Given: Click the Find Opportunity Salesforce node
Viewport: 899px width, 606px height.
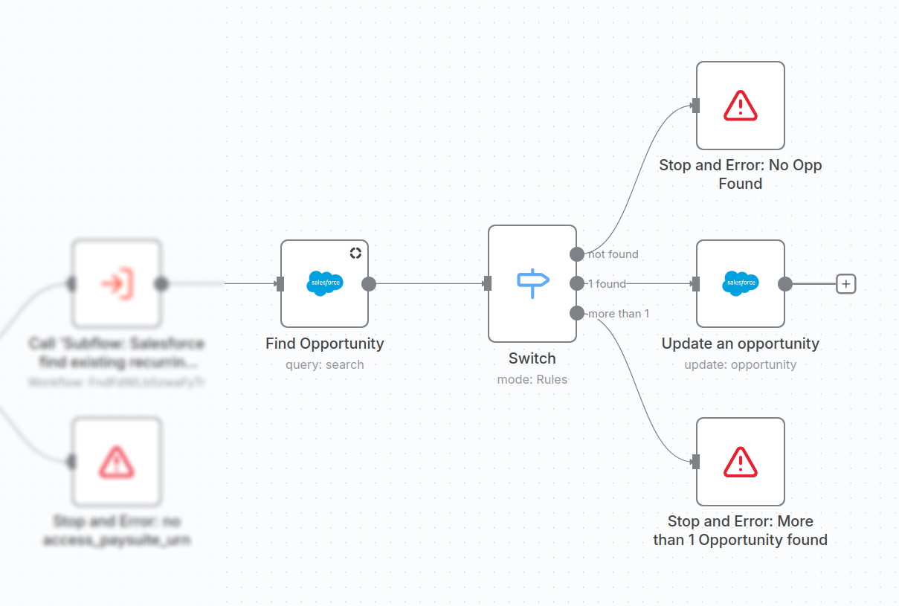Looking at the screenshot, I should [x=324, y=283].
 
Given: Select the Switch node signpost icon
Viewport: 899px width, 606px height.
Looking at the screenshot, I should [x=532, y=283].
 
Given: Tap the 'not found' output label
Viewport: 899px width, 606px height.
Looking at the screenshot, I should [x=613, y=254].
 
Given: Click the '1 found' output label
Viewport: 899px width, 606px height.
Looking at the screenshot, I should [x=607, y=283].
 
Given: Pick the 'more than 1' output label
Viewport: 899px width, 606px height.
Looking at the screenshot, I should [x=619, y=314].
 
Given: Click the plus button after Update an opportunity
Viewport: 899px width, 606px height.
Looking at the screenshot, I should [x=846, y=283].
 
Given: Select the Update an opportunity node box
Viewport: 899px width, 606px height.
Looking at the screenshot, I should [x=740, y=283].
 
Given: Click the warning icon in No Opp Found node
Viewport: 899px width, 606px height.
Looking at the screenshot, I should [x=740, y=106].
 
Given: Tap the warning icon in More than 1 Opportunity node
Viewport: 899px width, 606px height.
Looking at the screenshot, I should [x=740, y=461].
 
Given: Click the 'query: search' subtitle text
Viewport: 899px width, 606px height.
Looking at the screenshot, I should [x=324, y=365].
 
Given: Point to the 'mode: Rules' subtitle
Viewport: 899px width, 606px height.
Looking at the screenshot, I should [x=532, y=380].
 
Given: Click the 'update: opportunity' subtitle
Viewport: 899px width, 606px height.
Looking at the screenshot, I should [x=740, y=365].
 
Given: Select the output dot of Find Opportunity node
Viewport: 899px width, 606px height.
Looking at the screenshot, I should [x=368, y=283].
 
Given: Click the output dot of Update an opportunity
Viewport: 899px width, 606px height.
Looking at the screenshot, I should [x=784, y=283].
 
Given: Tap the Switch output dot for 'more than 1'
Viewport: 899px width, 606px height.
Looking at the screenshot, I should [x=576, y=313].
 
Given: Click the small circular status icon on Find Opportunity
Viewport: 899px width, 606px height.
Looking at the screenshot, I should [x=355, y=253].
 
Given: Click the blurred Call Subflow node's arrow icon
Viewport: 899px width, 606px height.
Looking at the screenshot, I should [x=116, y=283].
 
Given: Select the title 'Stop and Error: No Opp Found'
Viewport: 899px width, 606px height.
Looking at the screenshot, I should [x=740, y=174].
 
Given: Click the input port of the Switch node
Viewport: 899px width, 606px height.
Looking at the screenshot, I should [x=488, y=283].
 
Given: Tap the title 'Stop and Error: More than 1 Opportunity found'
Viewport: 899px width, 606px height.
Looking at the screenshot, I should [x=740, y=530].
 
